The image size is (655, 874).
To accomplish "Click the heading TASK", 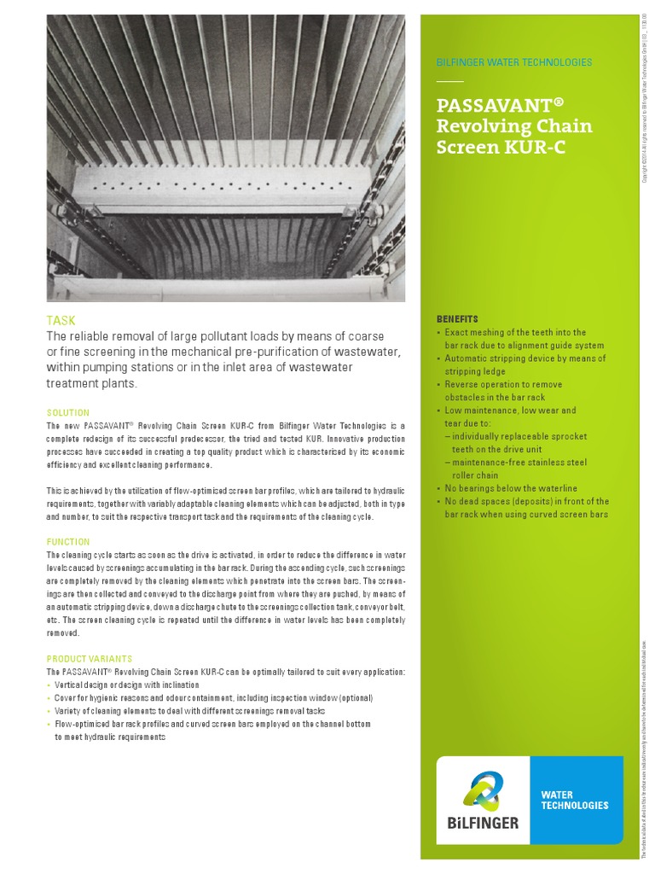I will tap(61, 321).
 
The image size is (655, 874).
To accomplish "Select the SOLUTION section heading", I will tap(67, 412).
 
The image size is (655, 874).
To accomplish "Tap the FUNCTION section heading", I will tap(67, 542).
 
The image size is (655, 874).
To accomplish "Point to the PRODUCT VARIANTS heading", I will tap(90, 659).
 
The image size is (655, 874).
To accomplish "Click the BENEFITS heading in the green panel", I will tap(457, 319).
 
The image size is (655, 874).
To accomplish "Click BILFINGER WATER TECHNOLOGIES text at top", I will tap(513, 62).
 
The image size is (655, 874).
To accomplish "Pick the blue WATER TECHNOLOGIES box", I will tap(576, 800).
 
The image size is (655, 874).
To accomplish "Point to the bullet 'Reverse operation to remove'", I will tap(503, 385).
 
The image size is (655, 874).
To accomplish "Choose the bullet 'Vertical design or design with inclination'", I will tap(126, 685).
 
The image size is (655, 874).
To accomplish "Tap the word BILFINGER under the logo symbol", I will tap(482, 823).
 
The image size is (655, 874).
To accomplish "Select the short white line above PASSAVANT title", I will tap(449, 82).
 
